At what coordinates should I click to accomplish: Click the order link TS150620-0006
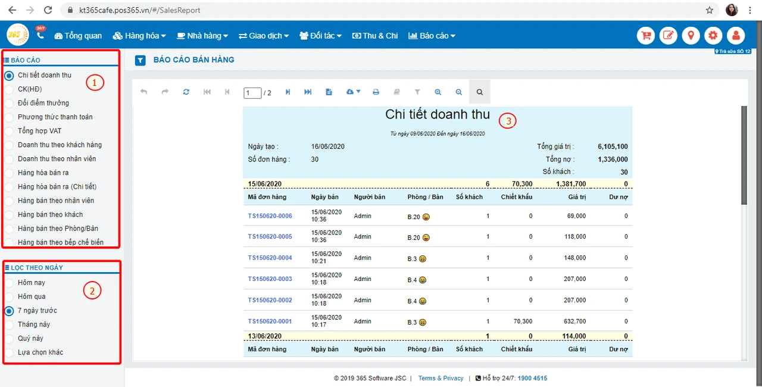(270, 216)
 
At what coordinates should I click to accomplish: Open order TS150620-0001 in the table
(270, 322)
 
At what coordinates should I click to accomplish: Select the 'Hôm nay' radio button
(9, 283)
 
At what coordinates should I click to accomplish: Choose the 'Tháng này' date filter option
(9, 324)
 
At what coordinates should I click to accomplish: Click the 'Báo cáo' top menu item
(432, 36)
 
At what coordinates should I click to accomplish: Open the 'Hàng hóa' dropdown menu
(139, 36)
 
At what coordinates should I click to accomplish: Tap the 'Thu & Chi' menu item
(375, 36)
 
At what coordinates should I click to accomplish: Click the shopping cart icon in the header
(646, 35)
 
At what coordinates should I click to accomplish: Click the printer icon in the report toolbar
(376, 92)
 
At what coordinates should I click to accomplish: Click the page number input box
(252, 93)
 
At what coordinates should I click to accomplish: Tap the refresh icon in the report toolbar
(186, 92)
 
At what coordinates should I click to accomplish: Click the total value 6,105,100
(613, 146)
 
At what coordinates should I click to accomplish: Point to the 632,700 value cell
(575, 322)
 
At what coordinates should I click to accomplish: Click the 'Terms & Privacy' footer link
(441, 378)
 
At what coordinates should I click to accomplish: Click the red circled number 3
(508, 121)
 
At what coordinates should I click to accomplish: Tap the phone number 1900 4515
(532, 378)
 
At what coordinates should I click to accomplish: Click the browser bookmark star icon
(709, 10)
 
